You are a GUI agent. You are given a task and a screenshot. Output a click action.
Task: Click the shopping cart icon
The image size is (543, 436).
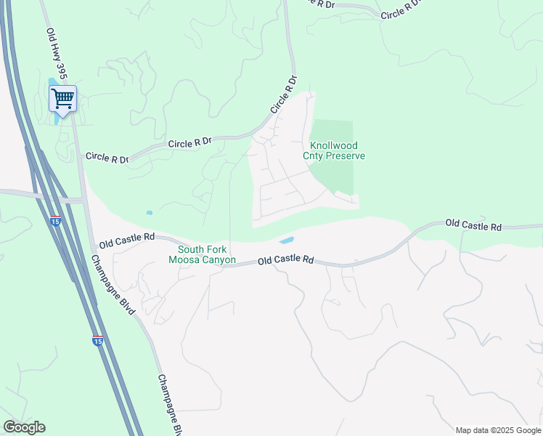pos(62,98)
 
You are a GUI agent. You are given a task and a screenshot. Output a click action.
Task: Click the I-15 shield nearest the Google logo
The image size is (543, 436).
pos(98,339)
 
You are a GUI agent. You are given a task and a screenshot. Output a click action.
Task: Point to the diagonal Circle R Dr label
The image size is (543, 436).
pos(285,94)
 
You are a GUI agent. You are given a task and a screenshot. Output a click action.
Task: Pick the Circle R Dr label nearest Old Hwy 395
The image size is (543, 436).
pos(107,157)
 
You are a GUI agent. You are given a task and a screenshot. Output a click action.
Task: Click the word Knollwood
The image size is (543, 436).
pos(333,145)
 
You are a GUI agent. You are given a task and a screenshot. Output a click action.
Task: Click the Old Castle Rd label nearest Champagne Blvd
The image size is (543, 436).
pos(127,238)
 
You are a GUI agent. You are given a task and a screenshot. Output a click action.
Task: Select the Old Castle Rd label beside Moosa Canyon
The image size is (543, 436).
pos(285,259)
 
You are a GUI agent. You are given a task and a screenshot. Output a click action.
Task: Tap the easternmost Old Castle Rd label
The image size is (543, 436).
pos(473,225)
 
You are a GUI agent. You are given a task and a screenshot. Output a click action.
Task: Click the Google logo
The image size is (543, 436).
pos(24,427)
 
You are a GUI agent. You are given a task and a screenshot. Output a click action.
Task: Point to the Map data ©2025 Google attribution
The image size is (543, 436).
pos(498,430)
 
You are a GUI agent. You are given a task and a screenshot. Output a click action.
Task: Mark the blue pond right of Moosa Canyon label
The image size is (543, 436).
pos(287,241)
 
